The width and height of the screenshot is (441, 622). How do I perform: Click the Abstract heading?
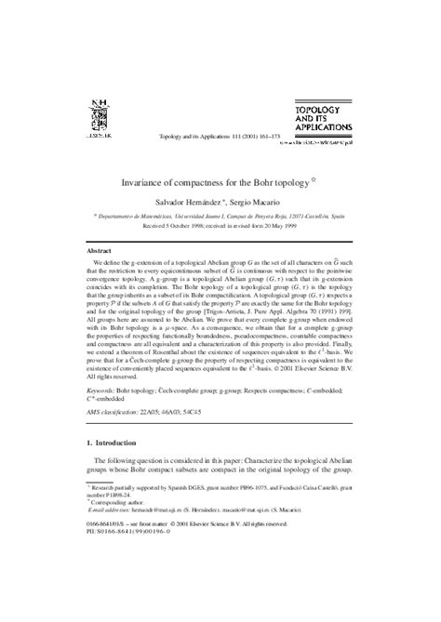(x=73, y=251)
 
